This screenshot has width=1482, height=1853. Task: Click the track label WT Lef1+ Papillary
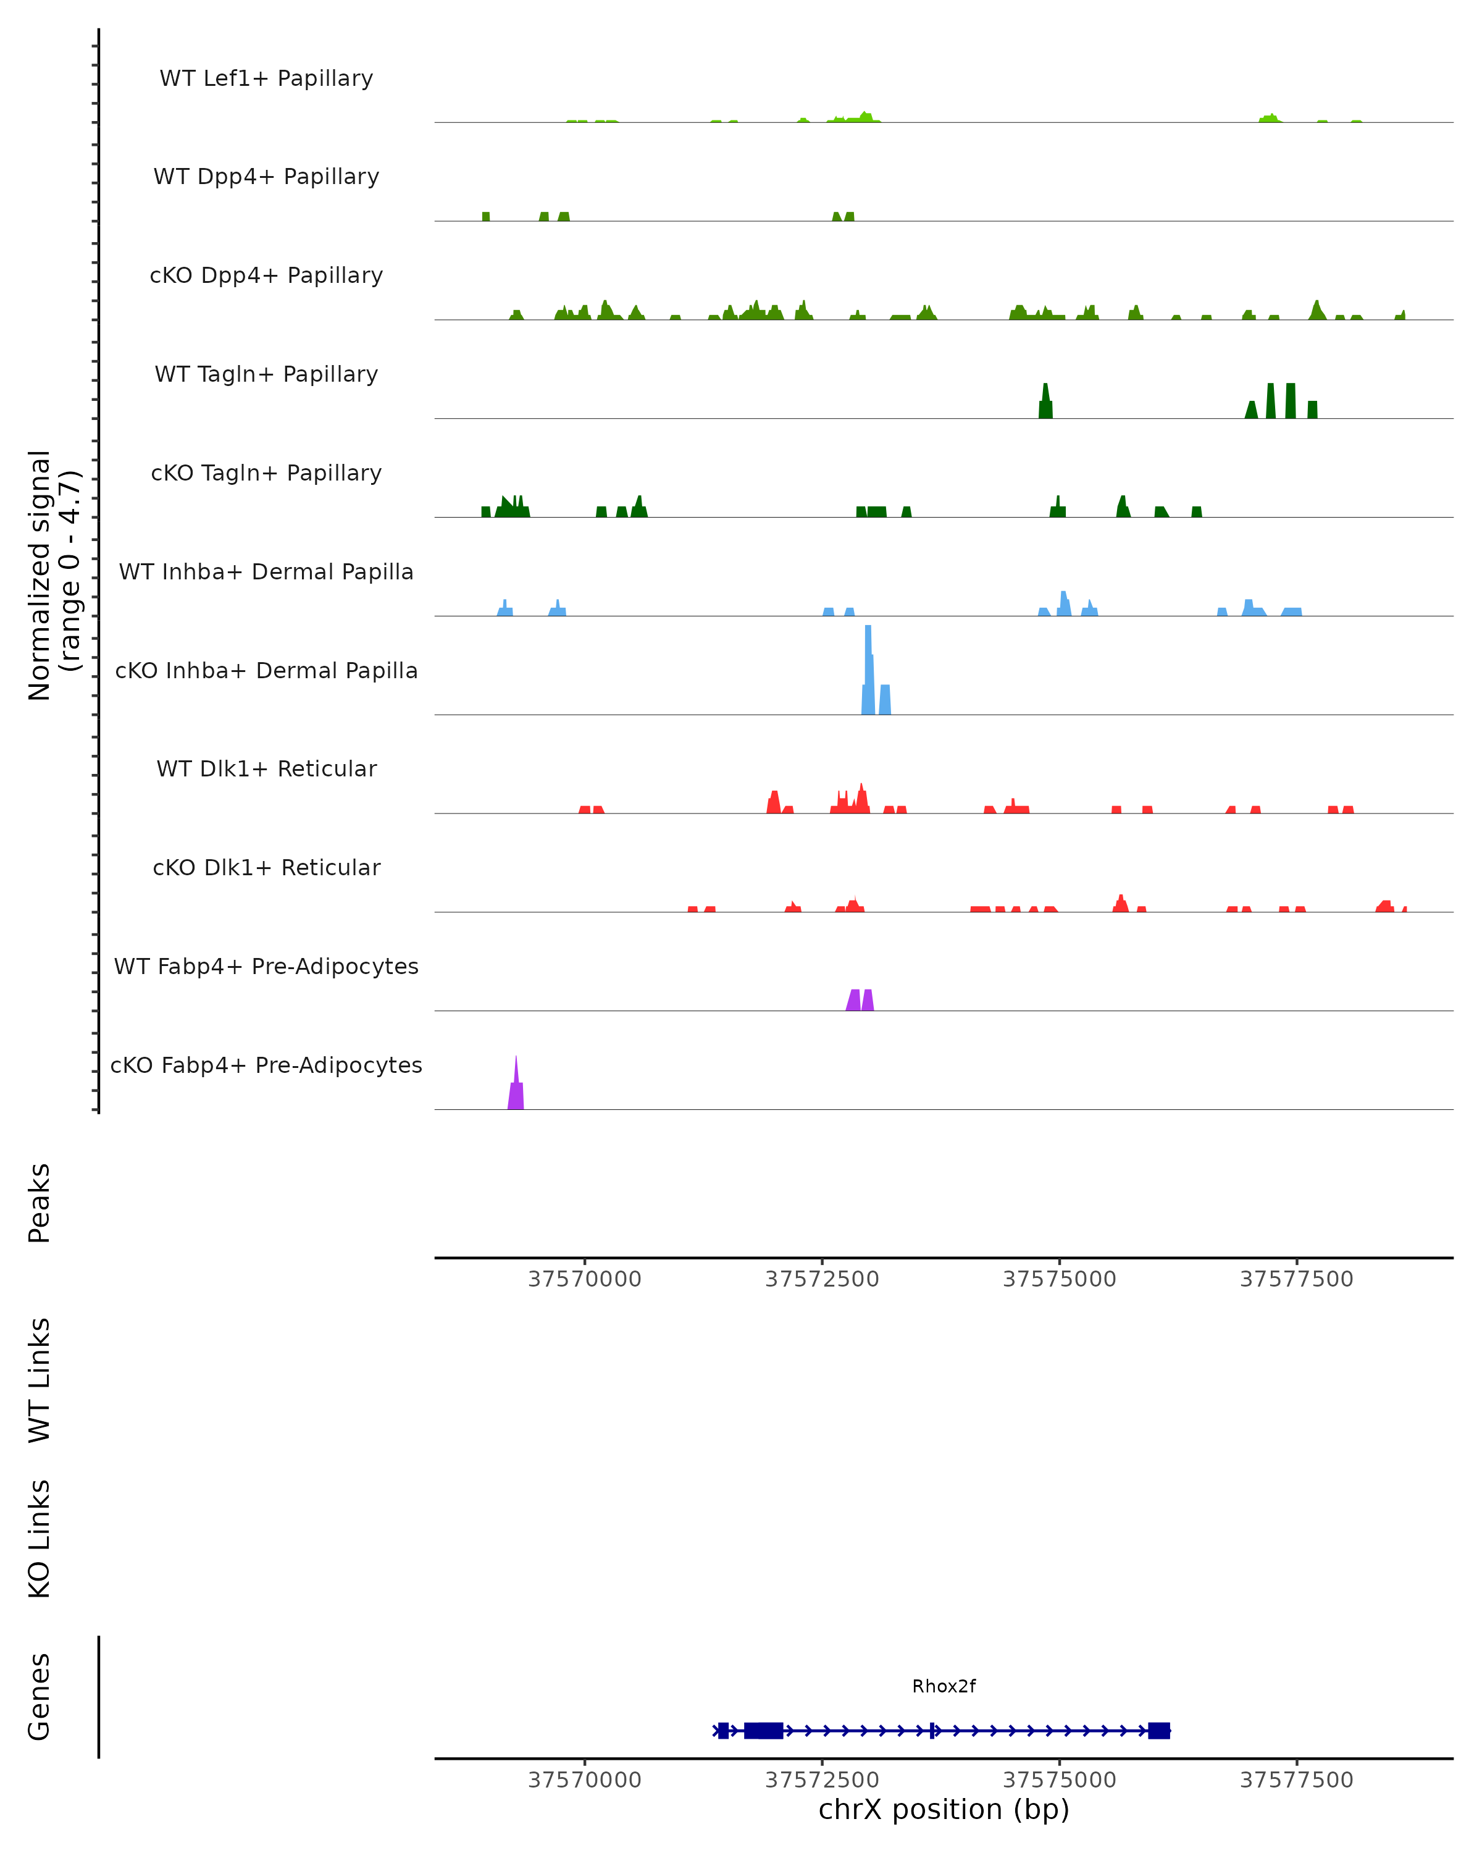(x=266, y=78)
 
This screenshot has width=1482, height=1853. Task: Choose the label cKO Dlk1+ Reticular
(x=266, y=867)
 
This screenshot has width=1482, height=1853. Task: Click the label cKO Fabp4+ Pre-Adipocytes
(x=266, y=1065)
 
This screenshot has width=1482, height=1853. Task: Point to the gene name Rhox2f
(x=944, y=1686)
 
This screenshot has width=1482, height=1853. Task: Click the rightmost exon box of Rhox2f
(x=1159, y=1730)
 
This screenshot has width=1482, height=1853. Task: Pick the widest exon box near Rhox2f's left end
(x=763, y=1730)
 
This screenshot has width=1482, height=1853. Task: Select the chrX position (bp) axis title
(x=944, y=1809)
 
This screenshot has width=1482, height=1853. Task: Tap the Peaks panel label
(x=40, y=1203)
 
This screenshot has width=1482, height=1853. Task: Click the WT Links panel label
(x=40, y=1380)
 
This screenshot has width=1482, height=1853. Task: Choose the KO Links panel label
(x=40, y=1539)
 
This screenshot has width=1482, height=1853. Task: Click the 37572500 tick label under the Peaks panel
(x=822, y=1279)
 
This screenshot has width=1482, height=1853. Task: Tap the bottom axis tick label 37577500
(x=1296, y=1780)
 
